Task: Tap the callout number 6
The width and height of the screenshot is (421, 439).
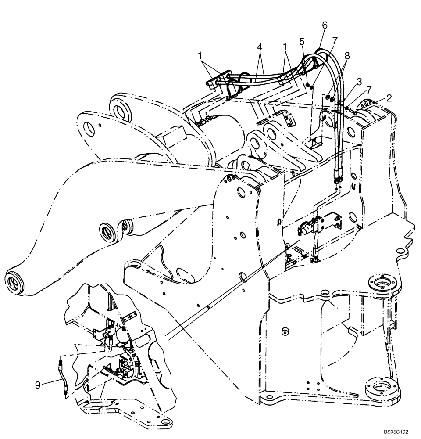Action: click(325, 25)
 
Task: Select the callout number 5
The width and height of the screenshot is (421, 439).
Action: click(301, 42)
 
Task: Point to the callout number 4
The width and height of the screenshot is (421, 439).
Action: click(260, 46)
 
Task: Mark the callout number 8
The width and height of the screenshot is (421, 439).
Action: click(347, 55)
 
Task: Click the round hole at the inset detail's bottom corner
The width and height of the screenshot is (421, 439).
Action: click(164, 423)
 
